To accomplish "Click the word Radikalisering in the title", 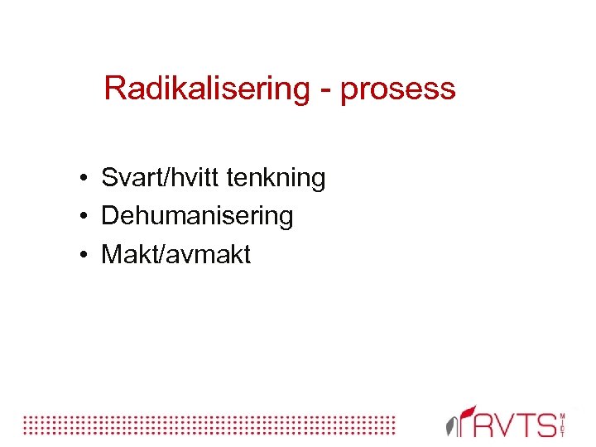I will point(206,89).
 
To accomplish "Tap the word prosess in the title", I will point(397,89).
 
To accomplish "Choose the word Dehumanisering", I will point(197,217).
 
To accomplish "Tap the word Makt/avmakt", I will point(175,255).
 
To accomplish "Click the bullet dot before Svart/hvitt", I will point(85,179).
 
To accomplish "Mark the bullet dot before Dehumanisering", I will point(85,218).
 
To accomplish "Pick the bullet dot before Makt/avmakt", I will point(85,256).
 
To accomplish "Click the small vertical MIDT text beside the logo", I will point(563,424).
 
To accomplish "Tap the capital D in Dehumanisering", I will point(109,217).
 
